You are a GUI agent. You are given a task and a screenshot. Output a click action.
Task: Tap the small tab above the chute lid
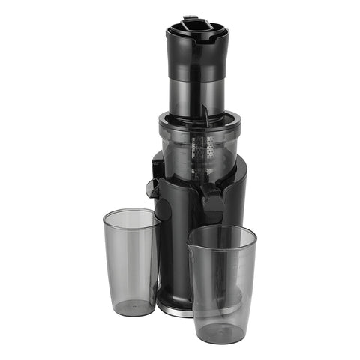click(189, 17)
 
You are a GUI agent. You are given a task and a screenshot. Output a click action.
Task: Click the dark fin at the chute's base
click(203, 115)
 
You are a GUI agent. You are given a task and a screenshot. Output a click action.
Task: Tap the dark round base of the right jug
click(222, 331)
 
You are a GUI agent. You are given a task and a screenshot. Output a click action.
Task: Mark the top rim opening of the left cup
click(130, 215)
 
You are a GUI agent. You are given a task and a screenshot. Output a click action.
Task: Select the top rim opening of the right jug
click(222, 235)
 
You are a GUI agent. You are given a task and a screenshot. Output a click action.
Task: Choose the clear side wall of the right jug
click(223, 285)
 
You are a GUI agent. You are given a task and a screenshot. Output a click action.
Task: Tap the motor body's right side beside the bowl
click(238, 195)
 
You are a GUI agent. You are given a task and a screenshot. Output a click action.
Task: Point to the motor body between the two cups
click(174, 255)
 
